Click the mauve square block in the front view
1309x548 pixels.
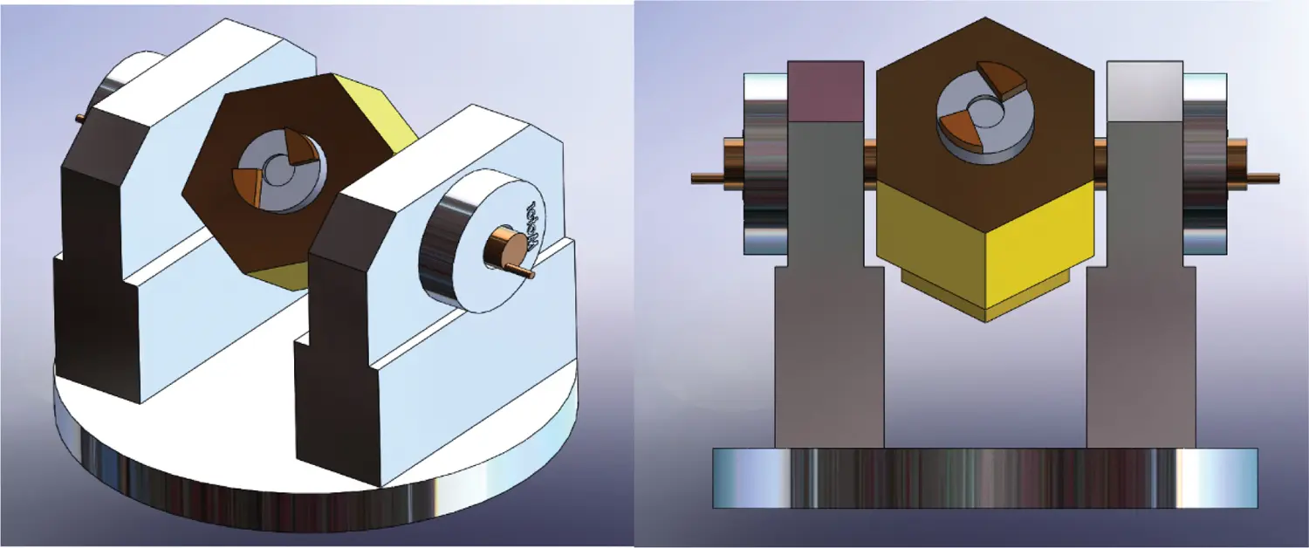[x=826, y=91]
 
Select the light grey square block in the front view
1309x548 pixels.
[x=1144, y=91]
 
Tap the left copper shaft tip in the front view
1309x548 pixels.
[x=702, y=178]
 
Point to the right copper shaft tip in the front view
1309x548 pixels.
[x=1265, y=178]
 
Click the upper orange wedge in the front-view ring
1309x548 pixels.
[x=1002, y=79]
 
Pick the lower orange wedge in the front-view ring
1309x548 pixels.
[x=961, y=129]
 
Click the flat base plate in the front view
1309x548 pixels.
[x=984, y=477]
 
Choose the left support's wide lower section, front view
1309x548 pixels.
[x=829, y=358]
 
